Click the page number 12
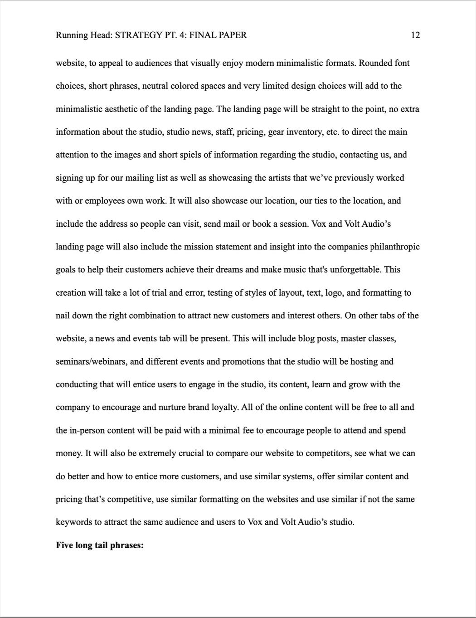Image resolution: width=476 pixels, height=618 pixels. (415, 35)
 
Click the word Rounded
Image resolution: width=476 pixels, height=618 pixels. (375, 63)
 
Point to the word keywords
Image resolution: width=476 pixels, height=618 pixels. (74, 522)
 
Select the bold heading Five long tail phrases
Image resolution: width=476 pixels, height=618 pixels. (100, 545)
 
